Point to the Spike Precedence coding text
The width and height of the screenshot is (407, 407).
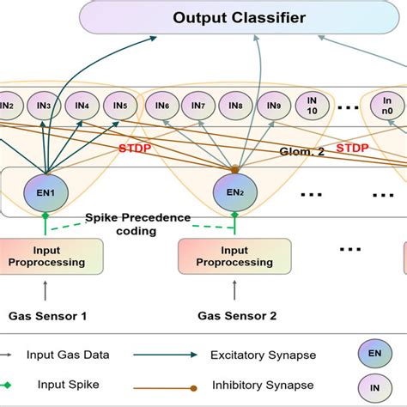[137, 225]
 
